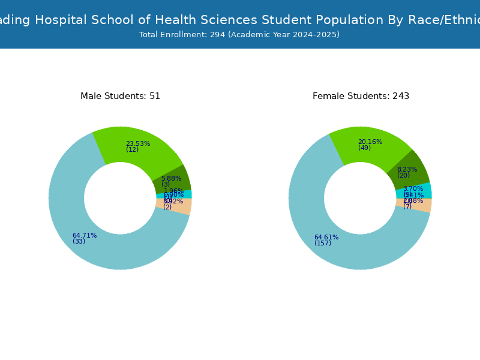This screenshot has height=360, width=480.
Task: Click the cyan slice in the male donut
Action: point(180,194)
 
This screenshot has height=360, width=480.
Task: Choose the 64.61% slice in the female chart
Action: point(330,246)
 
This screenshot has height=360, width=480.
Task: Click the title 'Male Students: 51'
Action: point(120,96)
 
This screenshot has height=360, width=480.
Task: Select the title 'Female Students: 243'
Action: point(361,96)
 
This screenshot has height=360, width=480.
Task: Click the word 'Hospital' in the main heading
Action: point(62,20)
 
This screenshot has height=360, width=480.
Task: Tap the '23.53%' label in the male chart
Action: point(137,143)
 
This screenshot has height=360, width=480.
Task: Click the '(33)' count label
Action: point(79,241)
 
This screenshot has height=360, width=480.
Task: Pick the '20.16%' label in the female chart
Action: point(370,142)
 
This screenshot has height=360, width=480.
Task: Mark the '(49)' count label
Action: point(364,148)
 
